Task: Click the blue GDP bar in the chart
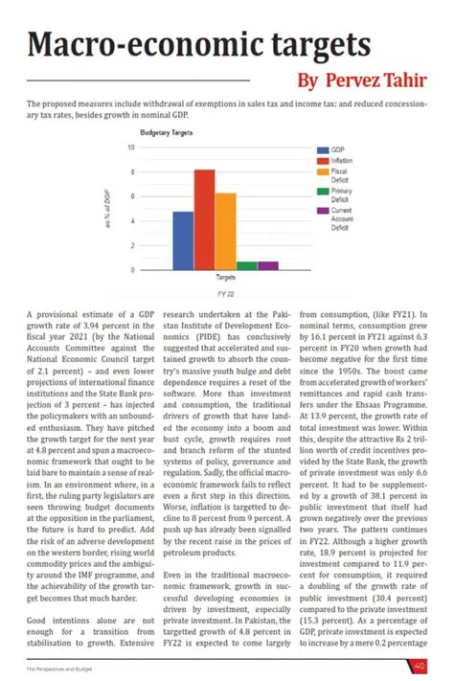point(182,240)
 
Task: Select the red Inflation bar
point(204,219)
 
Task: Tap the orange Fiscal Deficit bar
point(225,231)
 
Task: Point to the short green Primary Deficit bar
point(247,265)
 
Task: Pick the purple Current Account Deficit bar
point(268,265)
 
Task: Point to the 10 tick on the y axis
point(130,148)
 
